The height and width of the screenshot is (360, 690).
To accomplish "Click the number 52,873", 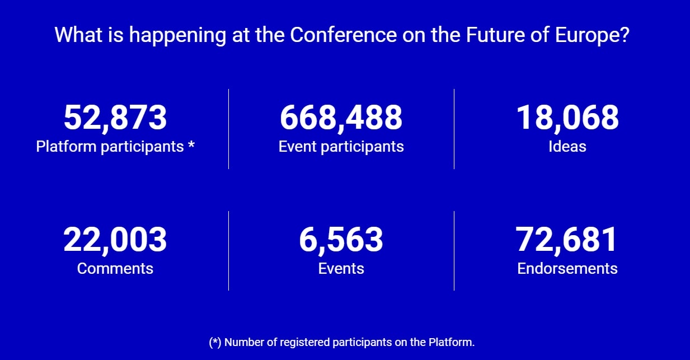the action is pyautogui.click(x=115, y=118).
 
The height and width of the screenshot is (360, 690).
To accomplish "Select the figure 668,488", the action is pyautogui.click(x=341, y=118).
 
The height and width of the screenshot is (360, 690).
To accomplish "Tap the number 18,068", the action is pyautogui.click(x=567, y=118).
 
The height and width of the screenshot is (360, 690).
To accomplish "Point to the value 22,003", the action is pyautogui.click(x=115, y=240).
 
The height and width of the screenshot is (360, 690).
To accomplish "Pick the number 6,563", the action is pyautogui.click(x=341, y=240).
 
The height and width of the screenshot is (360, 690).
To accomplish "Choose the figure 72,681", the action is pyautogui.click(x=566, y=240).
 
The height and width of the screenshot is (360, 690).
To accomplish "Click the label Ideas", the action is pyautogui.click(x=567, y=146).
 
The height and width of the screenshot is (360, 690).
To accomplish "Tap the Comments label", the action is pyautogui.click(x=115, y=268).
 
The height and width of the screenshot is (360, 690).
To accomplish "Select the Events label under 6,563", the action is pyautogui.click(x=341, y=268).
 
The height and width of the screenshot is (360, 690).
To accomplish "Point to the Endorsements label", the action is pyautogui.click(x=567, y=268).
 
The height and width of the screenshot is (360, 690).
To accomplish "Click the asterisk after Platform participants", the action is pyautogui.click(x=191, y=144).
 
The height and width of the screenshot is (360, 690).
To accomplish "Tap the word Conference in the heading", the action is pyautogui.click(x=344, y=35).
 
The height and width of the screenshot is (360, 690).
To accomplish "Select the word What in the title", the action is pyautogui.click(x=78, y=35).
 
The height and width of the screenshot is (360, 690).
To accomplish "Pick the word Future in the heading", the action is pyautogui.click(x=495, y=35).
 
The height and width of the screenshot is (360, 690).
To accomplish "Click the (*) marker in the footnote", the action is pyautogui.click(x=215, y=343).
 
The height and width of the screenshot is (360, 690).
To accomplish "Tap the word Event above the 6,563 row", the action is pyautogui.click(x=298, y=146).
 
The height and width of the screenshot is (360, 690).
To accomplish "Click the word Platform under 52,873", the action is pyautogui.click(x=66, y=146).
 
